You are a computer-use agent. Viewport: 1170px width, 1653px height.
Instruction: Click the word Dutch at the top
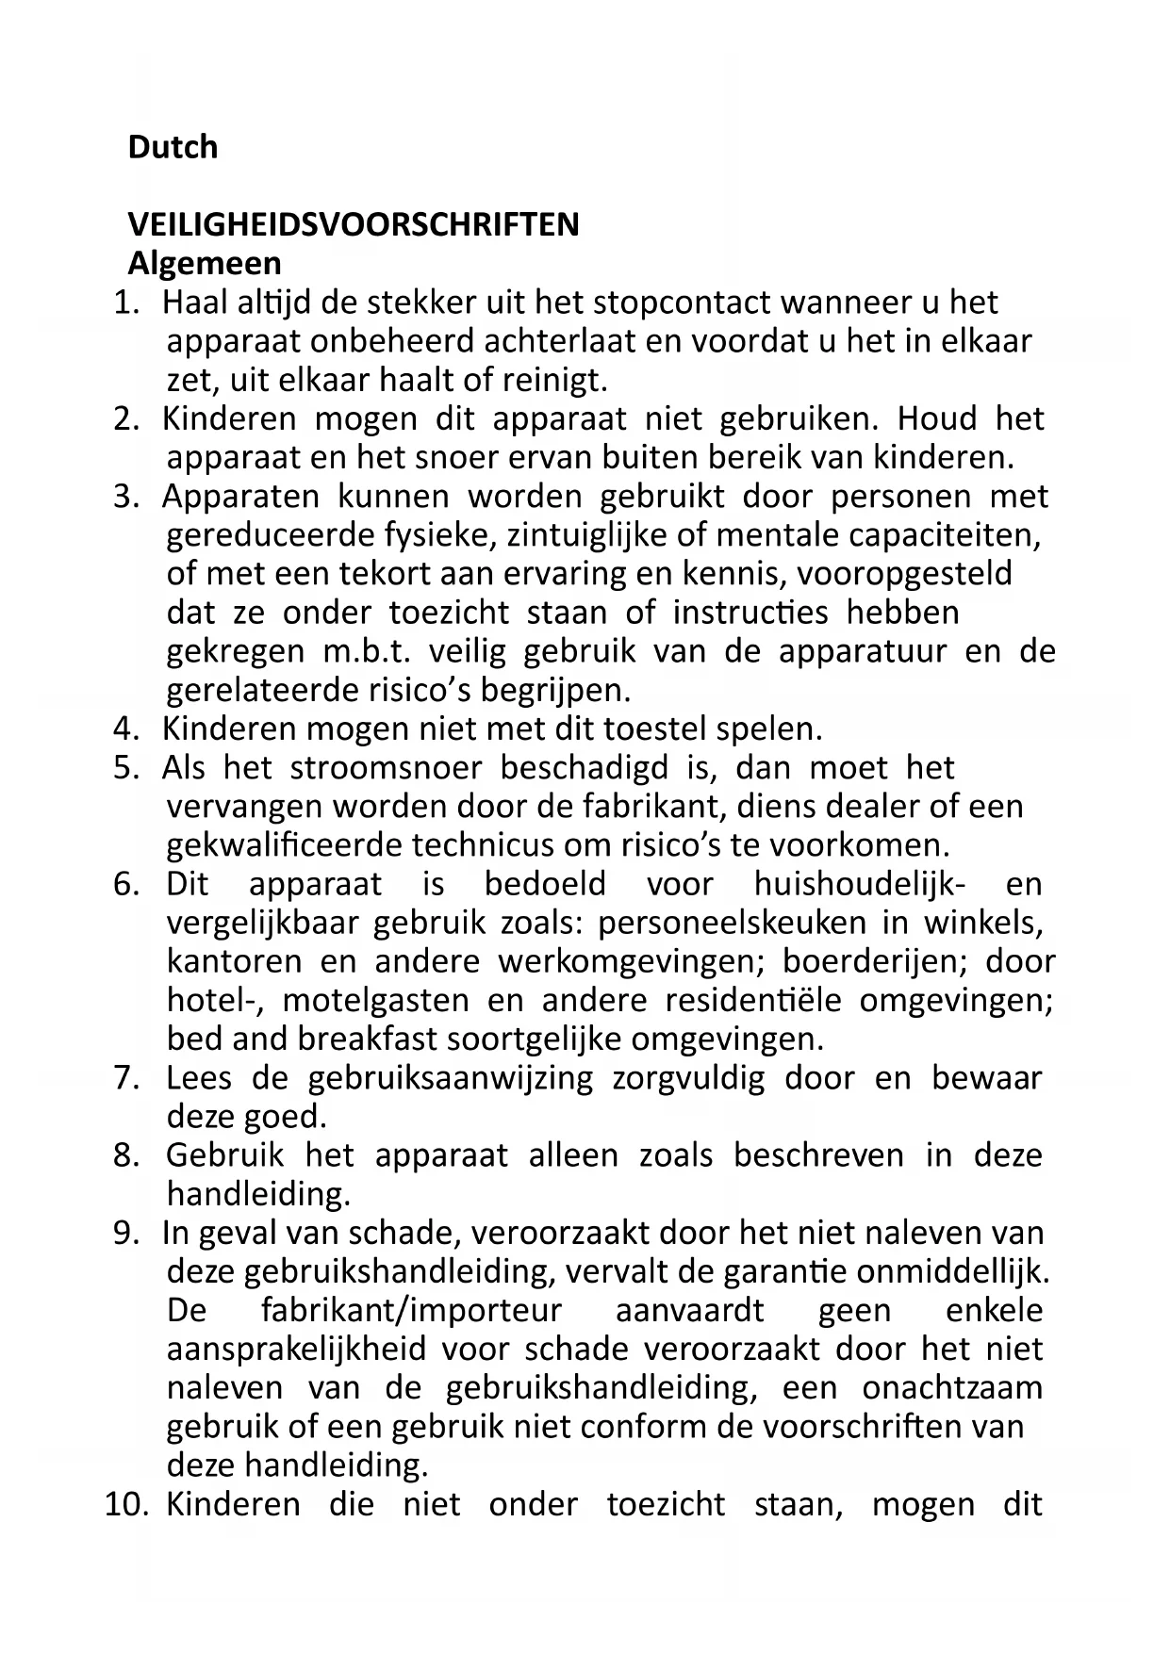[x=173, y=147]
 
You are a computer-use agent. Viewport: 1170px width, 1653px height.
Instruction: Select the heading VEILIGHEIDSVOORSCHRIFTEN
[x=354, y=225]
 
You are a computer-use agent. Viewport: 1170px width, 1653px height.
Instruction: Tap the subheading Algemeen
[x=205, y=263]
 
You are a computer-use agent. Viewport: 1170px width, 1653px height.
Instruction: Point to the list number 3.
[x=125, y=497]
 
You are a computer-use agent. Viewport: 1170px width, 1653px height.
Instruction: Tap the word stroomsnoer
[x=386, y=768]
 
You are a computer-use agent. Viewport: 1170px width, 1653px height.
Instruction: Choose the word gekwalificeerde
[x=285, y=844]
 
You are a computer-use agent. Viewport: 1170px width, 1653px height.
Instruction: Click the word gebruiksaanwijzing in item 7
[x=451, y=1078]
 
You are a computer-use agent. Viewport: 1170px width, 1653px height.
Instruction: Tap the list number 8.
[x=125, y=1155]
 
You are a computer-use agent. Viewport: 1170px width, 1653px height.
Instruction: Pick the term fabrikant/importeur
[x=411, y=1311]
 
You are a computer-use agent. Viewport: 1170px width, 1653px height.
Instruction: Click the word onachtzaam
[x=952, y=1388]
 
